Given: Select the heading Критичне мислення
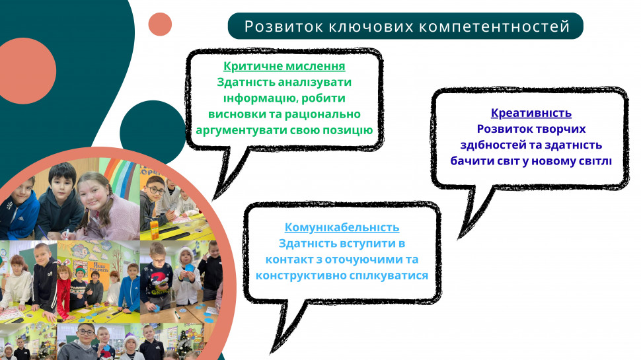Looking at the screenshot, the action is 284,66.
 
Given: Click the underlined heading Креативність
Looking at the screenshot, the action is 531,113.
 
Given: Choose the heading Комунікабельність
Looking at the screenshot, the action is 342,228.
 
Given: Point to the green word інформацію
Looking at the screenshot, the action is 254,98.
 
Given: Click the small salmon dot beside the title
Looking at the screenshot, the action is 160,24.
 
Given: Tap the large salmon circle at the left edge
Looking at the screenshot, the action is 25,71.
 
